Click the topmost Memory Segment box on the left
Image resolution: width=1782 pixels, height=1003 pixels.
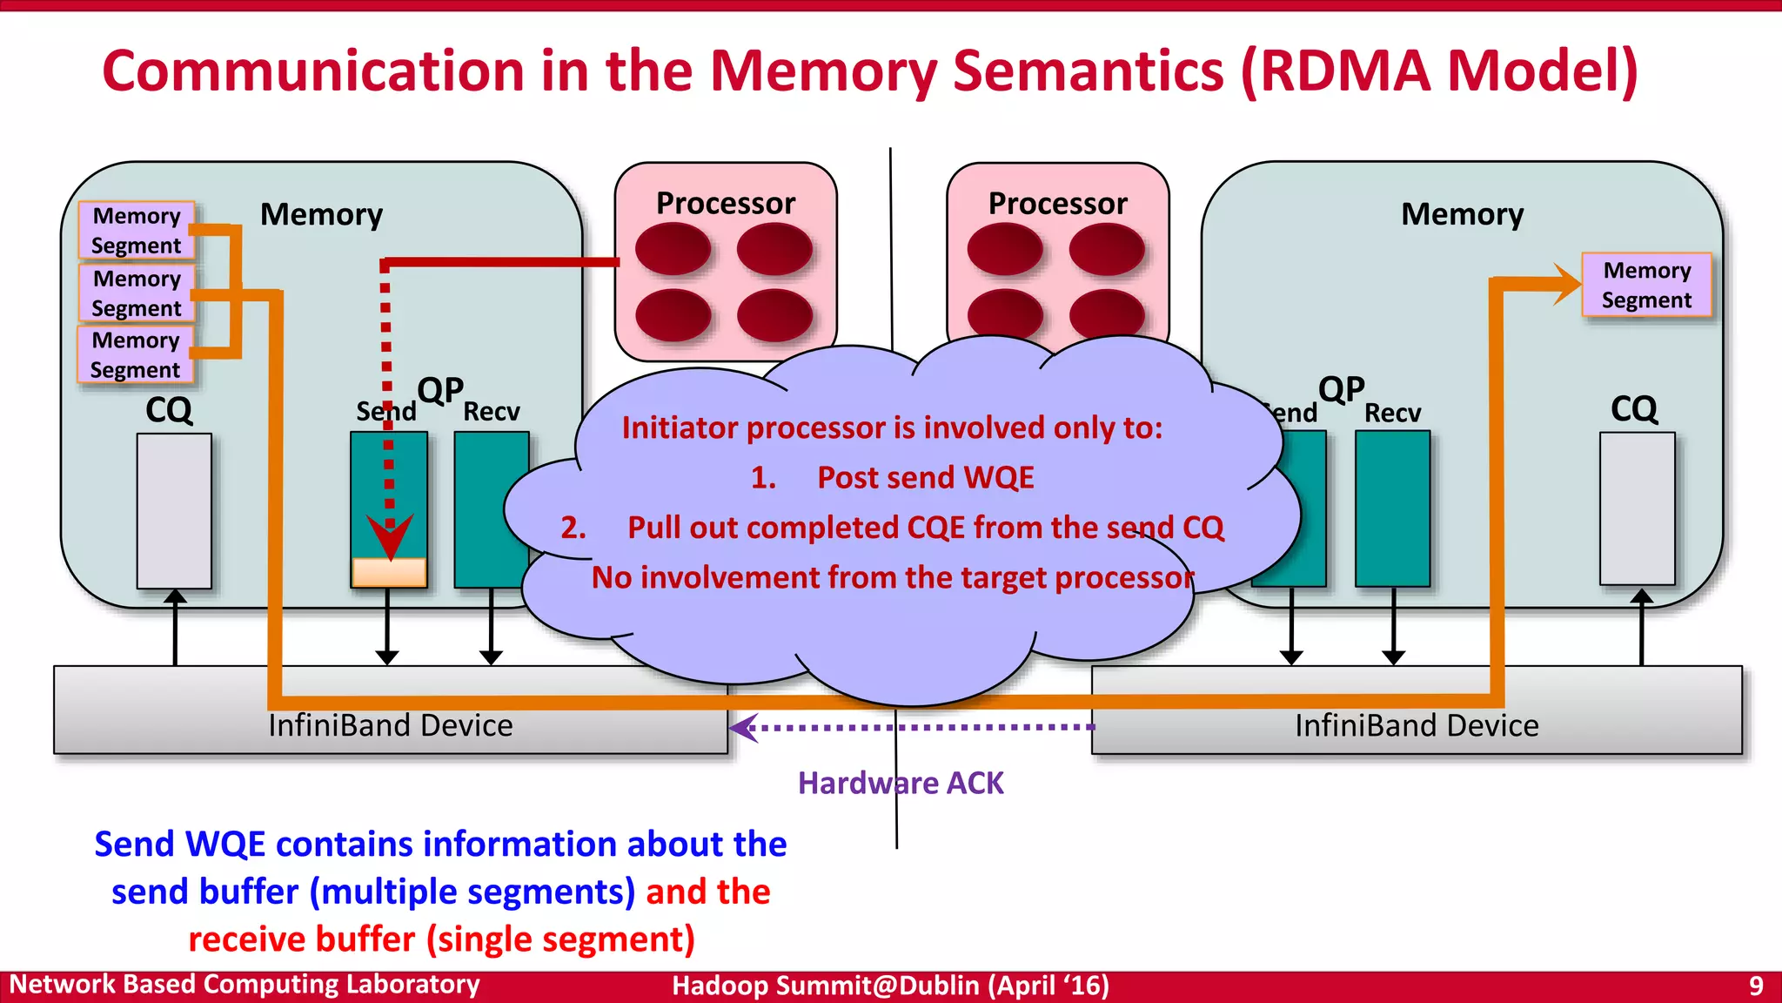tap(136, 231)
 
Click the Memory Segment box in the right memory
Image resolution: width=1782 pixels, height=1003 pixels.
tap(1646, 285)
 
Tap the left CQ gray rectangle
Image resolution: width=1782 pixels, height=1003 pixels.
tap(174, 511)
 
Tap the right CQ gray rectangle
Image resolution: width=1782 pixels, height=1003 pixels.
tap(1637, 508)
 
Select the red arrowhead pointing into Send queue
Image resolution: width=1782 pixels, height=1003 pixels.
tap(389, 536)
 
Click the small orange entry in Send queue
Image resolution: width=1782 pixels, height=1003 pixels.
tap(389, 572)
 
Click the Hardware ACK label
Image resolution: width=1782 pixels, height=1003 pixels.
tap(901, 783)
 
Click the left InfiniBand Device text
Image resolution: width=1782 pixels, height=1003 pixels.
tap(390, 725)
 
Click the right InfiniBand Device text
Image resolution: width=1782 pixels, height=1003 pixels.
tap(1416, 725)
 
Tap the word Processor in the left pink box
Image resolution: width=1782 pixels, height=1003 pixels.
tap(725, 203)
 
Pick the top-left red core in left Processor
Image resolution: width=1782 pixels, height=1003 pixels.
tap(673, 249)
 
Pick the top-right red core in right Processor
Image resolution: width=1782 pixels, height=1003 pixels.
tap(1107, 249)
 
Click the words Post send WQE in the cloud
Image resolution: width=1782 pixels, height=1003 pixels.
tap(925, 477)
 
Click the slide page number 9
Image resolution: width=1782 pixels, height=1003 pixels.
tap(1756, 986)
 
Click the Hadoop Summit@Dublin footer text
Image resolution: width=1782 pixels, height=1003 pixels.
tap(890, 986)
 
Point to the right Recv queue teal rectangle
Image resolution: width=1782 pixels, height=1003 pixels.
tap(1392, 509)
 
